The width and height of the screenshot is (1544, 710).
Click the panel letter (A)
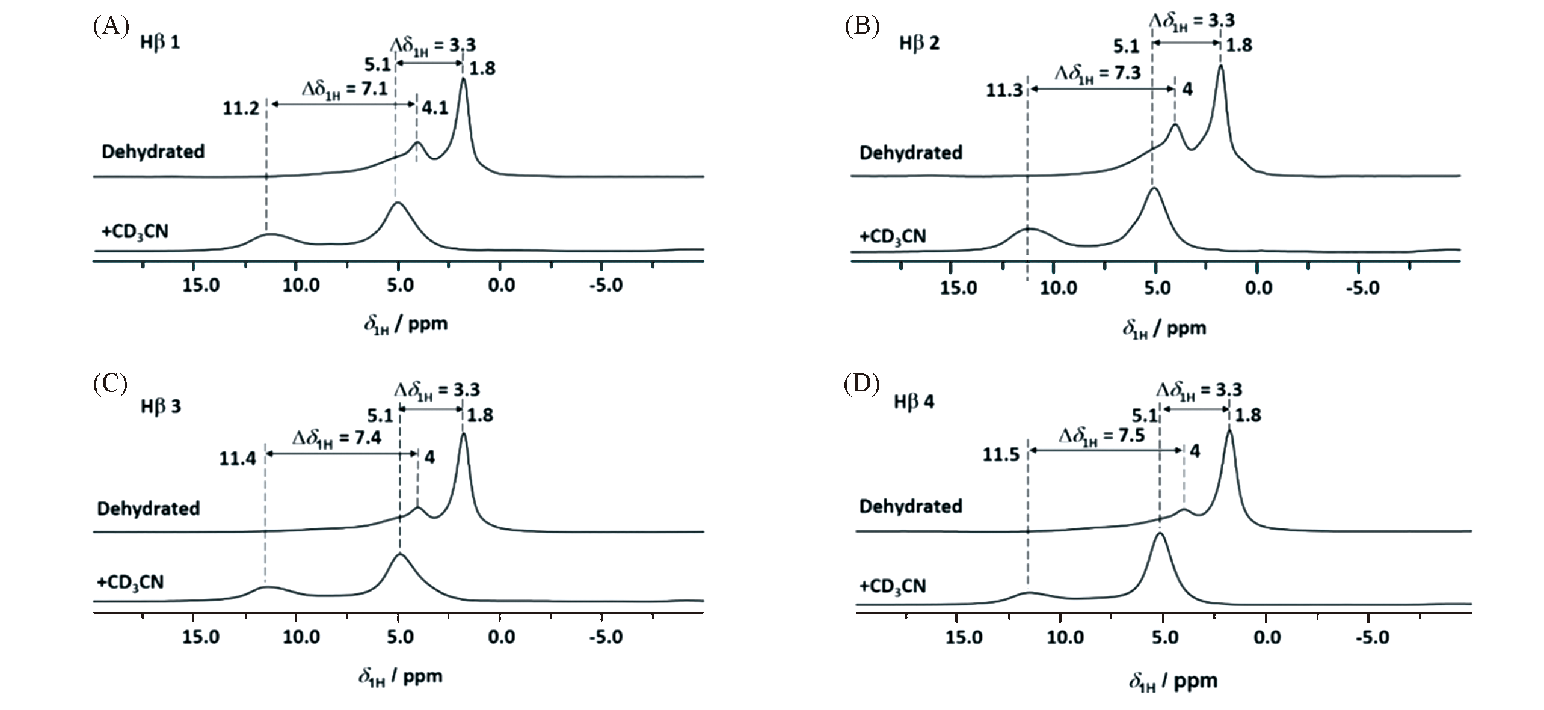pyautogui.click(x=110, y=27)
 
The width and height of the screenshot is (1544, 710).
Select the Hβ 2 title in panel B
pyautogui.click(x=918, y=43)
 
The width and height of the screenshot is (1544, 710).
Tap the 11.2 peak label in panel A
pyautogui.click(x=241, y=109)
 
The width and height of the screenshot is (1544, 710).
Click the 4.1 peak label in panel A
pyautogui.click(x=435, y=109)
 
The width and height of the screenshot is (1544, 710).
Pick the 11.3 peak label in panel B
pyautogui.click(x=1004, y=91)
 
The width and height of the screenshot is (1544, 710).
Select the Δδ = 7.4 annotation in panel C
pyautogui.click(x=337, y=437)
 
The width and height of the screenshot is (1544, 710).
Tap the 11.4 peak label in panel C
pyautogui.click(x=238, y=459)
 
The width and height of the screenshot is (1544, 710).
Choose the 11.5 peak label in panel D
pyautogui.click(x=1001, y=454)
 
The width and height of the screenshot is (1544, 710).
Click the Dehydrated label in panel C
pyautogui.click(x=148, y=509)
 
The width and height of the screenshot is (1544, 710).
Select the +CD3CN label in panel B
pyautogui.click(x=893, y=236)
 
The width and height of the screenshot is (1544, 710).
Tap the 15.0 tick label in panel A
pyautogui.click(x=201, y=285)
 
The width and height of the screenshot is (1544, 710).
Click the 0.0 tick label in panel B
pyautogui.click(x=1259, y=288)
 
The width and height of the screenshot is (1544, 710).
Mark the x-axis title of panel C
pyautogui.click(x=401, y=677)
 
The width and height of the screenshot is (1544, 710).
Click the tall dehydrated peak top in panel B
pyautogui.click(x=1220, y=66)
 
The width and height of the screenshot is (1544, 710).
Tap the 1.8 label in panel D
pyautogui.click(x=1247, y=415)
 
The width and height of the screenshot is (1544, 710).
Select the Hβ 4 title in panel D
pyautogui.click(x=914, y=402)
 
